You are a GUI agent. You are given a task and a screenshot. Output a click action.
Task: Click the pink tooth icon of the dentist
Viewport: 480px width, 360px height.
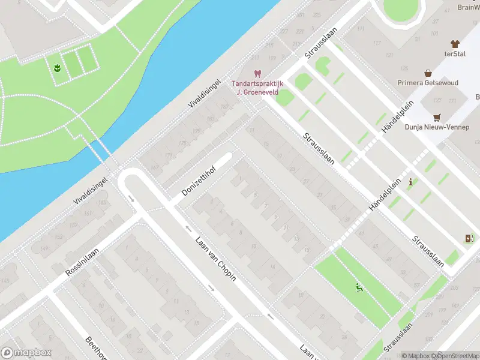(x=258, y=74)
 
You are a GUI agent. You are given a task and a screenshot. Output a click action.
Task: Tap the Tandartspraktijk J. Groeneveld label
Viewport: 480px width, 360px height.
(x=258, y=88)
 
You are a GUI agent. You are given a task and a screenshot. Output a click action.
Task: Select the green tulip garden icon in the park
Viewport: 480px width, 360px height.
(x=57, y=67)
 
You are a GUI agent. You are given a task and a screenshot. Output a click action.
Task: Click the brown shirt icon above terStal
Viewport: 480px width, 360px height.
(x=455, y=44)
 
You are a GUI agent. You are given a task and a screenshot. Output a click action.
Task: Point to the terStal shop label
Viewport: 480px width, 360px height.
(x=455, y=53)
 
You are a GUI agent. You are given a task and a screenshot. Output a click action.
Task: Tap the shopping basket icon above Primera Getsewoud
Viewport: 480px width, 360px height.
(x=428, y=73)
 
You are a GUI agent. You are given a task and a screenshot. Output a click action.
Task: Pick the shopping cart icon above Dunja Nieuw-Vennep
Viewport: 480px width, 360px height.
(x=437, y=117)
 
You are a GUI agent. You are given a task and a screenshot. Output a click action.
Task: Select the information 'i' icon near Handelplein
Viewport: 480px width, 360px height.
(x=410, y=182)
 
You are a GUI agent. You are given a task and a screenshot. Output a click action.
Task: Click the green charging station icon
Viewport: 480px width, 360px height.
(x=469, y=239)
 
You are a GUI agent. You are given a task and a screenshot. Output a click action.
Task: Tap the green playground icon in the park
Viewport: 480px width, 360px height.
(x=359, y=289)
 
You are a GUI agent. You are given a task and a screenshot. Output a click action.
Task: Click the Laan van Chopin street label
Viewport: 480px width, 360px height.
(x=215, y=259)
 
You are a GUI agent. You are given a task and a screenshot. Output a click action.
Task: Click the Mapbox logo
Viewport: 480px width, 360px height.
(x=26, y=353)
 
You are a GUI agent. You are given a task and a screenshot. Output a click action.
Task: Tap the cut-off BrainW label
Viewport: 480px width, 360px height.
(x=467, y=7)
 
